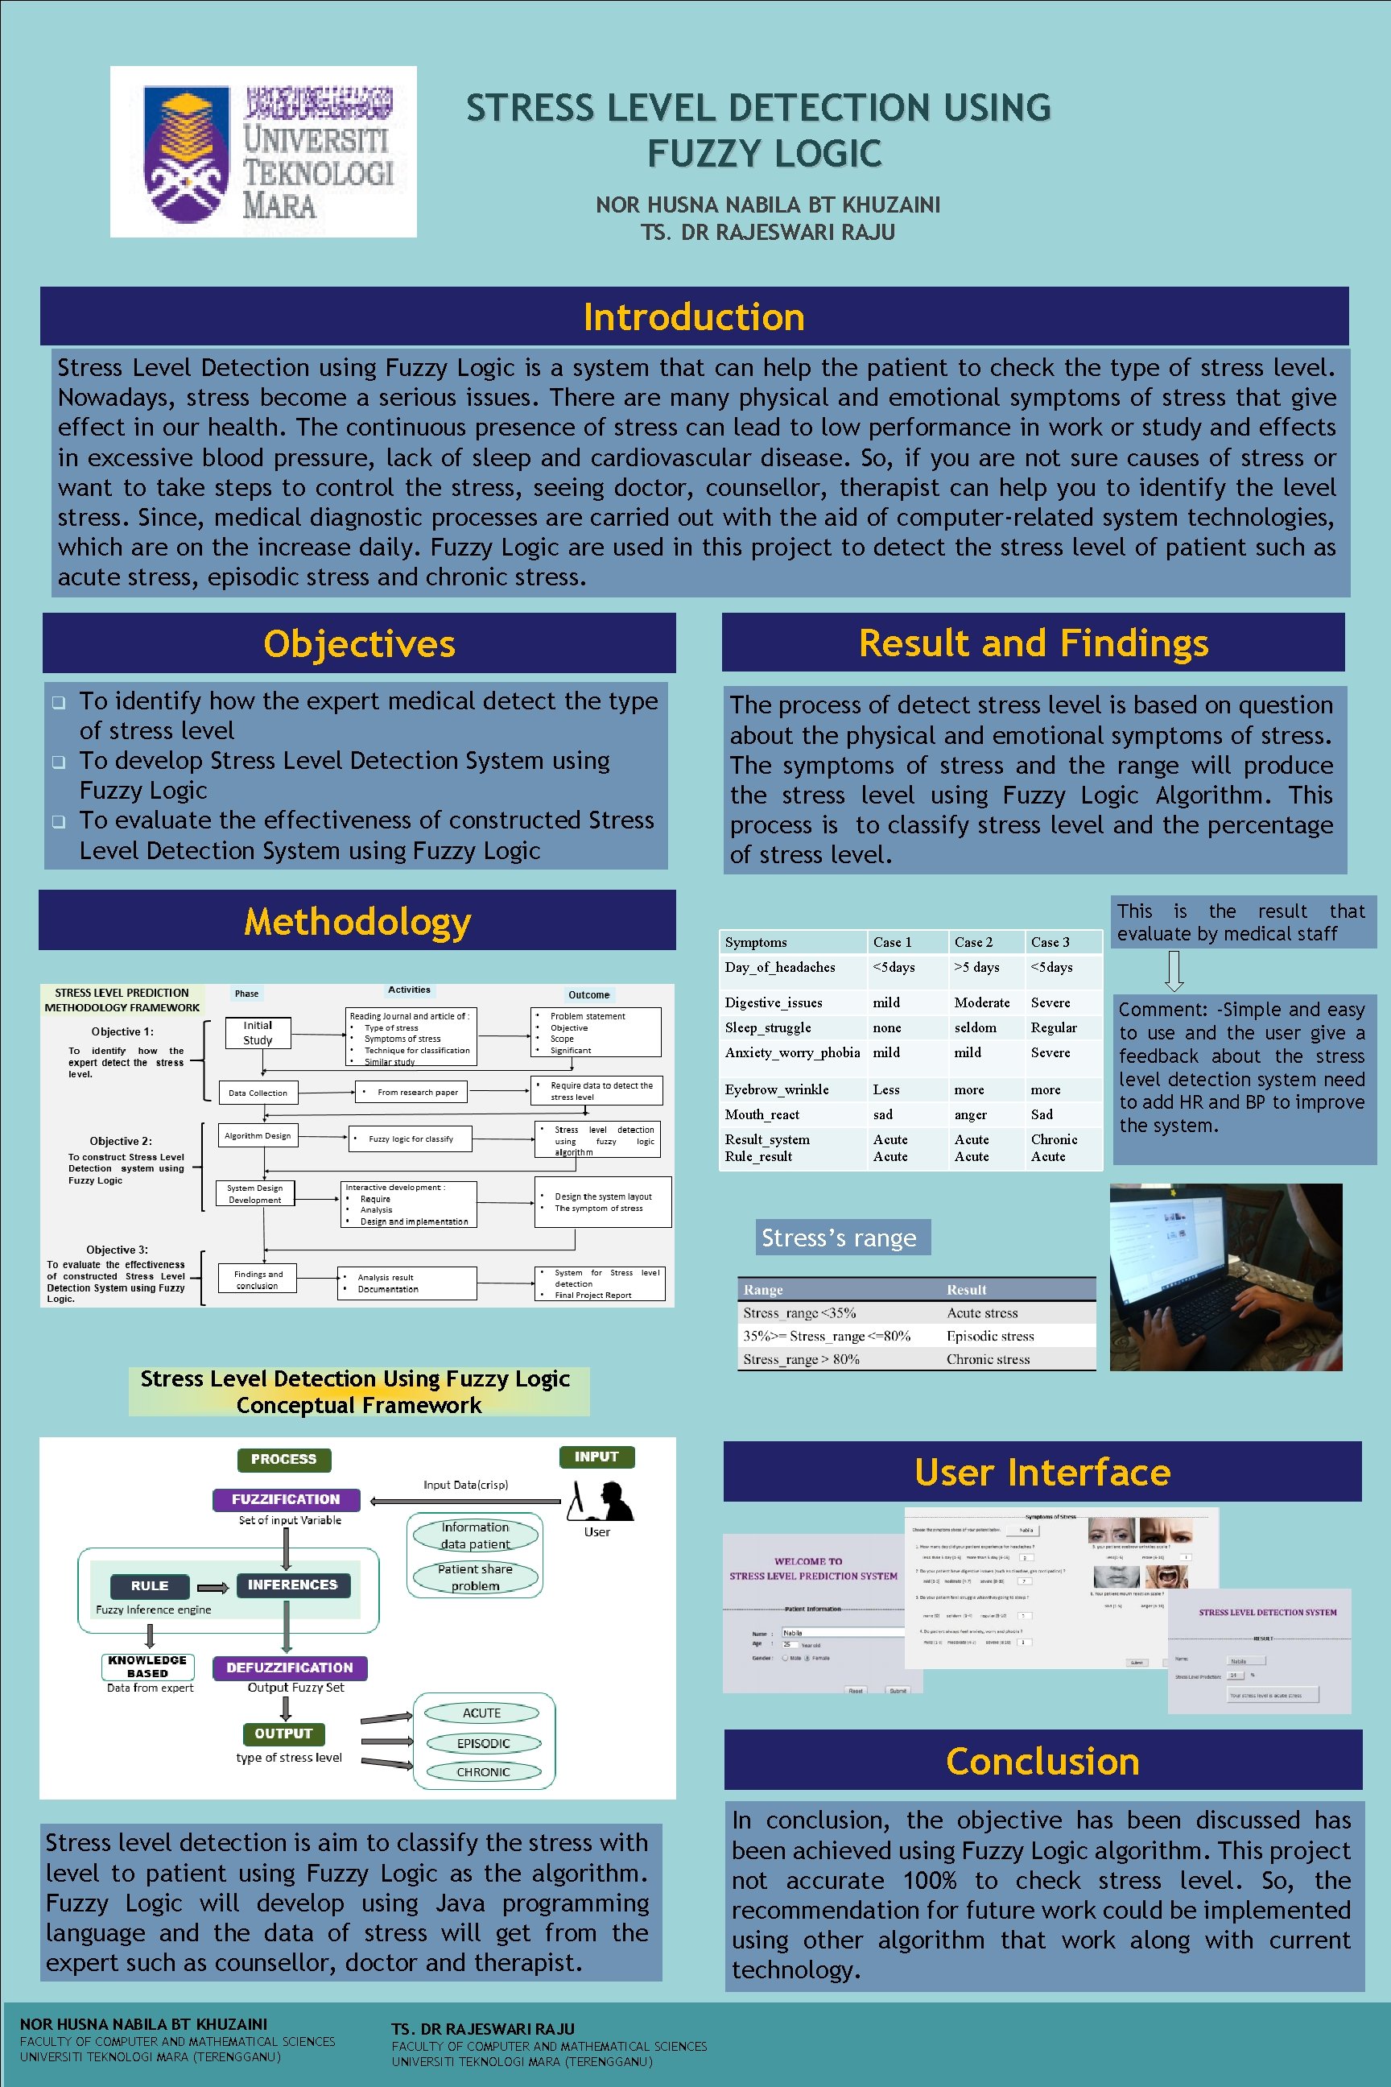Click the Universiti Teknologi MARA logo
coord(263,151)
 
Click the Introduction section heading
coord(694,316)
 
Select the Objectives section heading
coord(359,643)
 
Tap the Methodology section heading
coord(357,921)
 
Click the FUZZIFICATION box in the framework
coord(286,1498)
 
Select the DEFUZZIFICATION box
coord(289,1668)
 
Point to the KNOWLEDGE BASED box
coord(148,1667)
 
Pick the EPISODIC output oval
coord(484,1742)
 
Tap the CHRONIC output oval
coord(484,1771)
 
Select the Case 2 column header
coord(973,942)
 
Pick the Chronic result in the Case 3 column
coord(1054,1139)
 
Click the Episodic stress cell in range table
coord(990,1336)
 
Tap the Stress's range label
coord(840,1238)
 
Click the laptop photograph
coord(1225,1277)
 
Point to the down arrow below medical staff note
coord(1174,971)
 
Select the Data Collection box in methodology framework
coord(258,1093)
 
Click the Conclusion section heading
coord(1042,1762)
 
